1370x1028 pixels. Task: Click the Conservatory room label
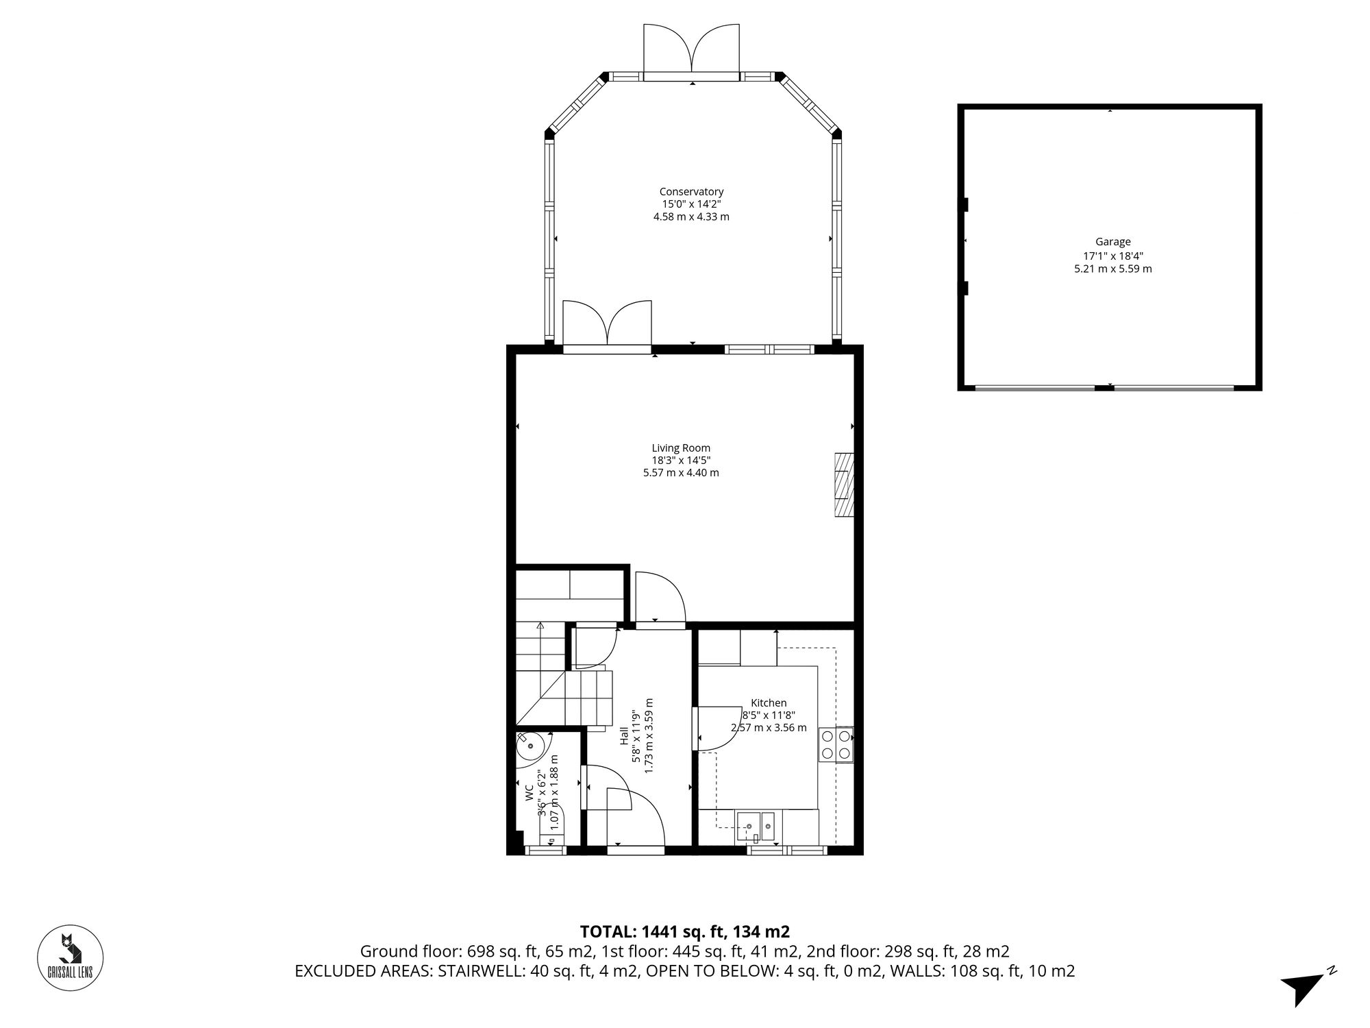pos(691,192)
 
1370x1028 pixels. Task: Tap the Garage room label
pos(1112,242)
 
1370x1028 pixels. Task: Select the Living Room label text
pos(681,448)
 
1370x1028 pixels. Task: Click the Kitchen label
pos(769,702)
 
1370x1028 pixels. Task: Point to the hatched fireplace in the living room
pos(844,485)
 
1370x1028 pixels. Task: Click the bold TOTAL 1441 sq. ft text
pos(685,931)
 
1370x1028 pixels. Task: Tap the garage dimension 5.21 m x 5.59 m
pos(1112,269)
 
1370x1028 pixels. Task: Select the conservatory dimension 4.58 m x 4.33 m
pos(691,217)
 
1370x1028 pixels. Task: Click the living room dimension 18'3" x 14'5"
pos(681,461)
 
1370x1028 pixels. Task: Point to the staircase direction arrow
pos(540,626)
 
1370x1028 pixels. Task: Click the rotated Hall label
pos(625,737)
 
